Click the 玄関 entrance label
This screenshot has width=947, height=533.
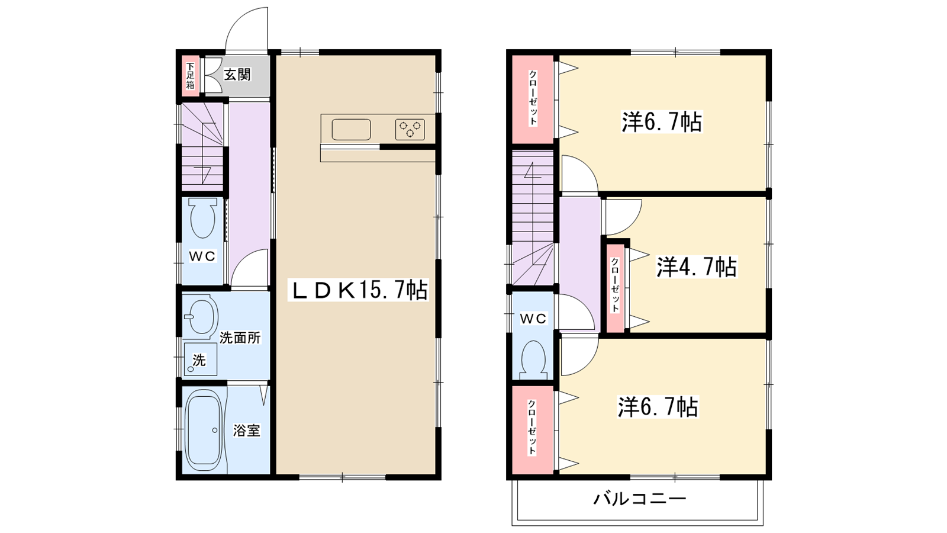point(237,75)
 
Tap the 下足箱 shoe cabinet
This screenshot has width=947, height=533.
point(190,76)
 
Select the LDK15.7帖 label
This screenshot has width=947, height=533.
point(358,290)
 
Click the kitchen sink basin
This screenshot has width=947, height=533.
point(351,130)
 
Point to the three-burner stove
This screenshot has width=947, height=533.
point(410,129)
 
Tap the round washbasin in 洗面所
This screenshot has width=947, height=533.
point(201,316)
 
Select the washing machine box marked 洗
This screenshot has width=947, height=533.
point(200,359)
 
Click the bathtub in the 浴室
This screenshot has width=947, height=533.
point(204,429)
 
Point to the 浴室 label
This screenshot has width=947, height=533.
point(246,431)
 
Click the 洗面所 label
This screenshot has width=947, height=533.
point(240,338)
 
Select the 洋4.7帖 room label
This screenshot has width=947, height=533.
point(696,267)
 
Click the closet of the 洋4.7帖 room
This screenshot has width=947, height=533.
point(616,287)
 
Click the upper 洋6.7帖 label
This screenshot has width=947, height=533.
point(661,122)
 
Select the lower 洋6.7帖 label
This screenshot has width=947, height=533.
point(658,407)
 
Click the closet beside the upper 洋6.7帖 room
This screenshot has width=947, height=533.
point(533,98)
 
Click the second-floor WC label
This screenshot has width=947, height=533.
point(533,319)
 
